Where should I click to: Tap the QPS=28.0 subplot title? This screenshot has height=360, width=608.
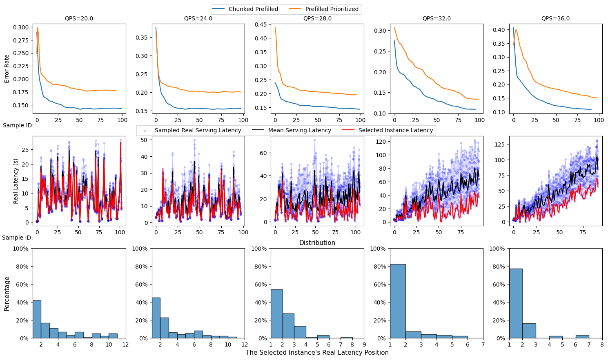tap(317, 18)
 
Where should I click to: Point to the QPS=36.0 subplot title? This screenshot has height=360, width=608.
tap(555, 18)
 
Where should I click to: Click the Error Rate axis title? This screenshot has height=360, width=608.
tap(7, 69)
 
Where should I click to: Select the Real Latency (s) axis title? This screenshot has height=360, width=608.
tap(16, 181)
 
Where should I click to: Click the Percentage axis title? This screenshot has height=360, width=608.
tap(7, 293)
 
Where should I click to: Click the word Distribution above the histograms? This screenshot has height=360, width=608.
tap(317, 242)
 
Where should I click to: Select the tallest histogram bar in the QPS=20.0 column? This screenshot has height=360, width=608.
tap(37, 319)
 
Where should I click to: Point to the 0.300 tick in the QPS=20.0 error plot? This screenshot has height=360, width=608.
tap(20, 27)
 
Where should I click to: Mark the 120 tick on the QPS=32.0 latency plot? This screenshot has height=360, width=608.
tap(381, 142)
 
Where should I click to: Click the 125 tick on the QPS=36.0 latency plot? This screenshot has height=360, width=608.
tap(500, 144)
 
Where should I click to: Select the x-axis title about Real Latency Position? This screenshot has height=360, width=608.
tap(317, 353)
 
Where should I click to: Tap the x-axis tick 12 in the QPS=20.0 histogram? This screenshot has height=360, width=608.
tap(125, 344)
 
